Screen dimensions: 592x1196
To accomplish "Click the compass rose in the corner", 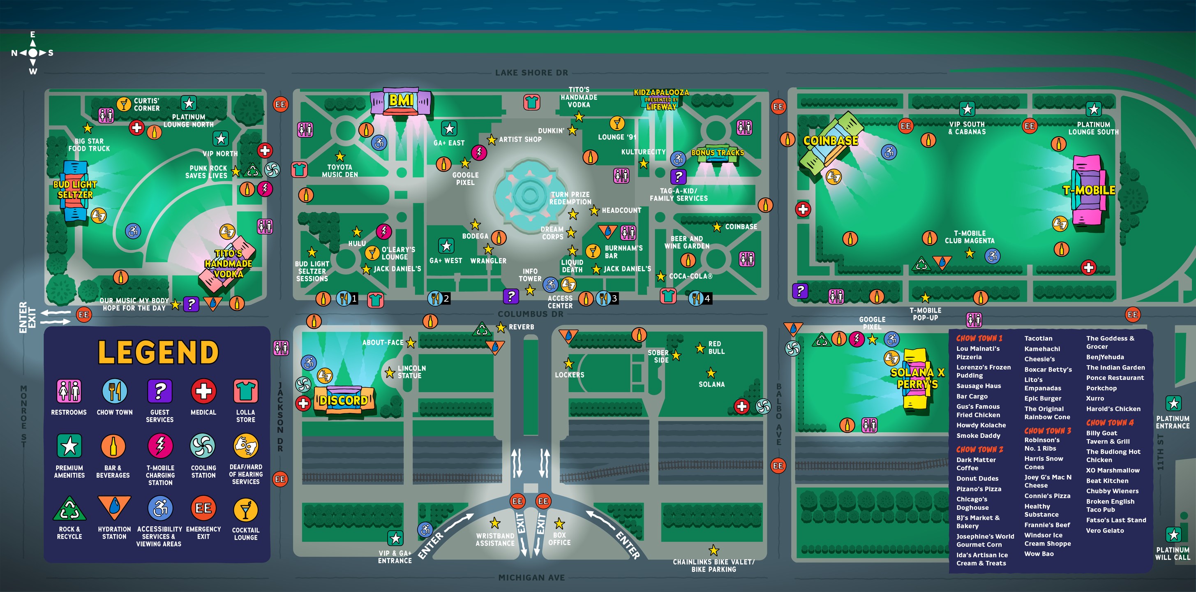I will click(32, 53).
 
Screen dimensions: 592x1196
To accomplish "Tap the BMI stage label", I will click(401, 101).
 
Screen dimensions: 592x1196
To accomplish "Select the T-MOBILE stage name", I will click(1089, 190).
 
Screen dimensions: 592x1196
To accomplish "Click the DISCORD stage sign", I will click(344, 400).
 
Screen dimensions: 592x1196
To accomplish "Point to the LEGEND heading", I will click(158, 352).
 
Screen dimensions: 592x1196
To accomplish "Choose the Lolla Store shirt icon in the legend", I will click(246, 391).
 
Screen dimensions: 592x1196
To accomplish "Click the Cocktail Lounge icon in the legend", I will click(246, 510).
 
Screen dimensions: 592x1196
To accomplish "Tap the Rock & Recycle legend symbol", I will click(69, 509).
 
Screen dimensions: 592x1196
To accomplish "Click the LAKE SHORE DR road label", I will click(531, 73).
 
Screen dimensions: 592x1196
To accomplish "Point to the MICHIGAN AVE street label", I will click(531, 578).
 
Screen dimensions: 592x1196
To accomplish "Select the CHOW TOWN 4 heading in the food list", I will click(1110, 423).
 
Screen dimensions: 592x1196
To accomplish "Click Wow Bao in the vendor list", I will click(1039, 554).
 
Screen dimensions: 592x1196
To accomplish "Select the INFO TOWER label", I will click(530, 275).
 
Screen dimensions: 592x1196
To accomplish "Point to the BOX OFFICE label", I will click(559, 539).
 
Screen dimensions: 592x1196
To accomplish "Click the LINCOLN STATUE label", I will click(411, 372).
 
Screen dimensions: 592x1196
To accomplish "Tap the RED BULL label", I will click(716, 348).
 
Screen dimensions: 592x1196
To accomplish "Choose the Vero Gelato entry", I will click(1105, 531).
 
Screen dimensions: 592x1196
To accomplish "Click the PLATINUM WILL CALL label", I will click(1173, 553).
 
